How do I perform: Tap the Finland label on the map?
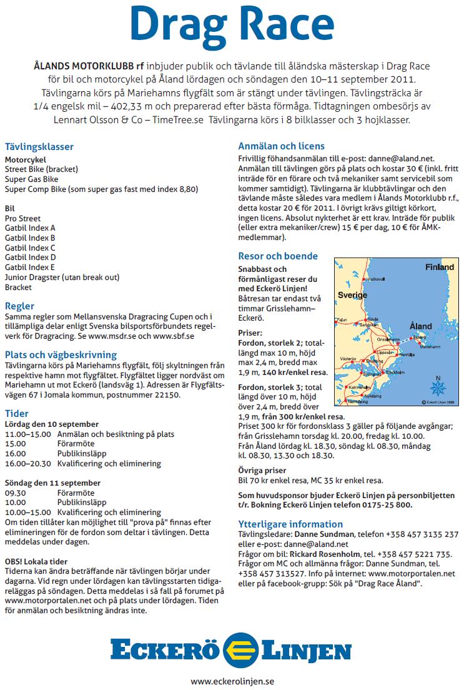coord(439,267)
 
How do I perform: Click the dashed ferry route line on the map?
coord(407,340)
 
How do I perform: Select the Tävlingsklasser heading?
coord(39,147)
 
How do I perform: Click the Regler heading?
coord(19,306)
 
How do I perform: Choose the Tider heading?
coord(16,413)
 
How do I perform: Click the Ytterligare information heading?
coord(290,524)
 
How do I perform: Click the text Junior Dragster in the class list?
coord(36,277)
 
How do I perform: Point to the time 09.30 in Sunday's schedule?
coord(16,492)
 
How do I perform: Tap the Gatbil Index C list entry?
coord(30,247)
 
